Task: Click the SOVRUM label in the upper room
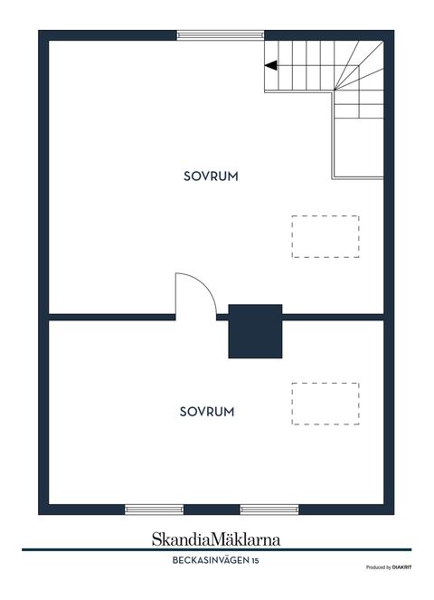(x=210, y=177)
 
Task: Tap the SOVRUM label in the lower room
(x=207, y=411)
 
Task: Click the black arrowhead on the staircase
(x=270, y=64)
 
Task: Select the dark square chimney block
(x=256, y=331)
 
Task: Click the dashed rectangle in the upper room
(x=325, y=236)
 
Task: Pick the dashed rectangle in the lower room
(x=325, y=404)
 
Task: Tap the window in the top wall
(x=221, y=35)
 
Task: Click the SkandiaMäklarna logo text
(x=216, y=538)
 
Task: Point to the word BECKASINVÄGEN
(x=207, y=562)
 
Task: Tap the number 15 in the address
(x=256, y=562)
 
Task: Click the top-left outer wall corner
(x=42, y=35)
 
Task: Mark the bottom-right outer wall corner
(x=390, y=509)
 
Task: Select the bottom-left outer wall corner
(x=42, y=509)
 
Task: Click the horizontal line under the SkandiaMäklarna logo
(x=216, y=549)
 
